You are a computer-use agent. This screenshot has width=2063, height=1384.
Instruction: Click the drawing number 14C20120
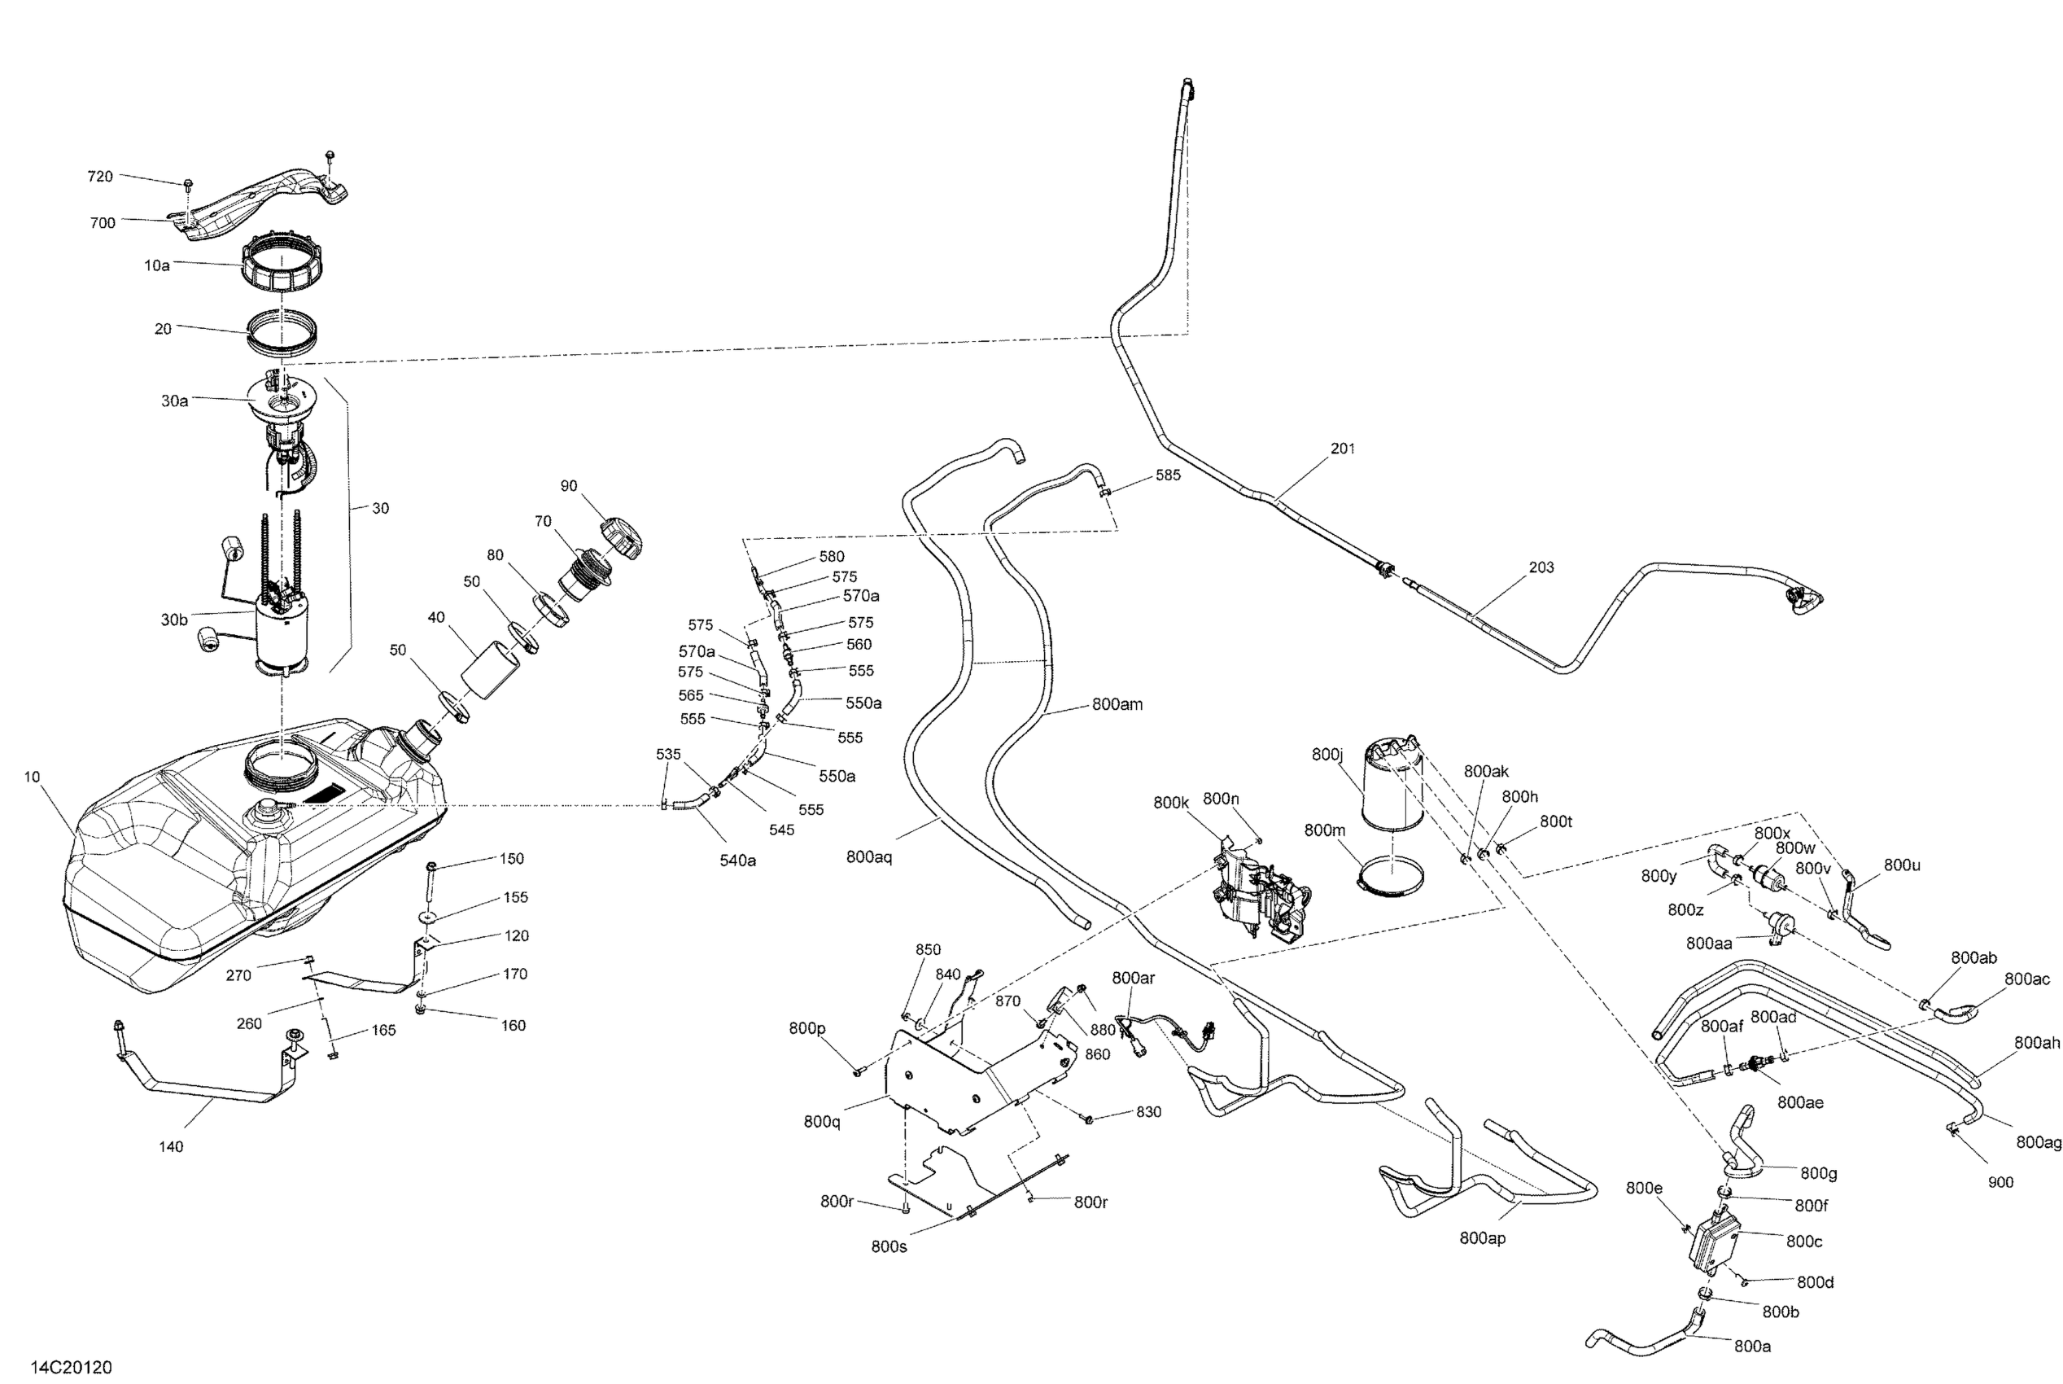(x=72, y=1367)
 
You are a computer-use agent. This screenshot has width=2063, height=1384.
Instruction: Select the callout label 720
(x=100, y=177)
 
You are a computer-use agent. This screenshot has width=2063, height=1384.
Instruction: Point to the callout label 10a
(x=157, y=265)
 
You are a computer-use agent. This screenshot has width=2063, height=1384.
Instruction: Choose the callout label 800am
(x=1117, y=704)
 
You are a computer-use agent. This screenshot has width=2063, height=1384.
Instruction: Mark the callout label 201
(x=1342, y=449)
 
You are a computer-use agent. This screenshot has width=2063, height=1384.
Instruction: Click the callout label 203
(x=1541, y=567)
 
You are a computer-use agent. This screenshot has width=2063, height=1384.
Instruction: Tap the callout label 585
(x=1167, y=475)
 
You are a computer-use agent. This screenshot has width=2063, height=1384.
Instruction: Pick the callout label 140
(x=171, y=1146)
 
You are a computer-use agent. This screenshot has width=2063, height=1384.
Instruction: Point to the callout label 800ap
(x=1483, y=1238)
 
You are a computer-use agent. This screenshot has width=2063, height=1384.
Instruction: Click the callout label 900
(x=2000, y=1182)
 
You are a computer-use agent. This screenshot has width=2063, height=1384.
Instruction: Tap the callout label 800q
(x=821, y=1121)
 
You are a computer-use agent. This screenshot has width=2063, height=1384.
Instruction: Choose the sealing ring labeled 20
(x=281, y=333)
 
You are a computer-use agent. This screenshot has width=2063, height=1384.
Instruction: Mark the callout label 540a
(x=737, y=861)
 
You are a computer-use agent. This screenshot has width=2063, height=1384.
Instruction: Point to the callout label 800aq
(x=869, y=856)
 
